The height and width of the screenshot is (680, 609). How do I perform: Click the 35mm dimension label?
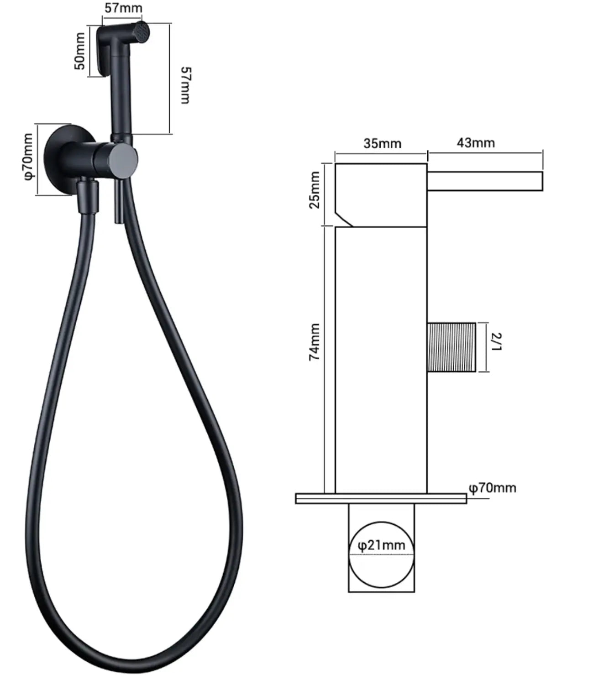tap(382, 143)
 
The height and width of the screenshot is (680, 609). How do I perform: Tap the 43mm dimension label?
tap(476, 143)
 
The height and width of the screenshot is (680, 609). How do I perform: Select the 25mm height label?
tap(315, 190)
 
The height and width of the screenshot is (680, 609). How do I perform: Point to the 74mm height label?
tap(315, 342)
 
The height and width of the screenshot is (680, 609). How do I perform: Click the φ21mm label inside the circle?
tap(381, 545)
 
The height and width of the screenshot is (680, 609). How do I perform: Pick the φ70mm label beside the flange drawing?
tap(493, 488)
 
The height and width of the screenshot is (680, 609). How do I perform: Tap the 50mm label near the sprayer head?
tap(79, 51)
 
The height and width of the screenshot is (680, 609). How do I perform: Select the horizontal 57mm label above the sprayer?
tap(123, 8)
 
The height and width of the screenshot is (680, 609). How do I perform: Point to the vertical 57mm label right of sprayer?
tap(185, 85)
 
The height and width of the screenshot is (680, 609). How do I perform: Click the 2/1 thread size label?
tap(496, 342)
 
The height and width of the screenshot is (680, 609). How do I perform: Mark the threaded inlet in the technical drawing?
tap(451, 347)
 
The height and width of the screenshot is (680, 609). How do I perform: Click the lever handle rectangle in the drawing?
tap(484, 181)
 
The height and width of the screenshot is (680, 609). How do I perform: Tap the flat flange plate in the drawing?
tap(381, 498)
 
